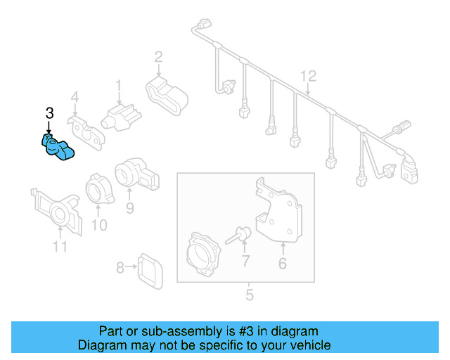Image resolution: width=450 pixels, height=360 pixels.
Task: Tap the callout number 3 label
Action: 49,113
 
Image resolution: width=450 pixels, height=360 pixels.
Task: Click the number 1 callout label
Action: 119,86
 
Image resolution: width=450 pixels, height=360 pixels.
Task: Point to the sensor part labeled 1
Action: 120,114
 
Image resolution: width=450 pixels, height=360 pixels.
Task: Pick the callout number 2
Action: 159,56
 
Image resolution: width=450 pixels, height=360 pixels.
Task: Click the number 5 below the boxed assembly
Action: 248,294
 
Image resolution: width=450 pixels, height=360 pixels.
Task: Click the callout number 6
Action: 283,264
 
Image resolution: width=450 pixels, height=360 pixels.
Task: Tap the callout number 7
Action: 245,262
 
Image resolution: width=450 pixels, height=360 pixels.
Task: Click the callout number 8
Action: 120,267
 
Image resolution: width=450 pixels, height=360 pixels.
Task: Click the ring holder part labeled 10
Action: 96,191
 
